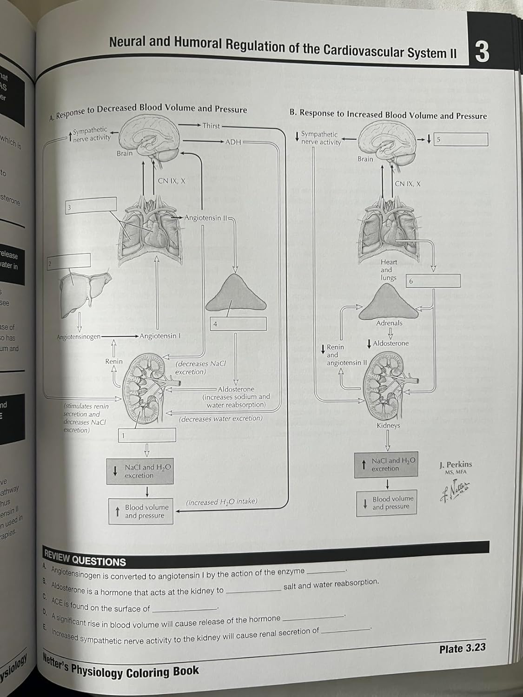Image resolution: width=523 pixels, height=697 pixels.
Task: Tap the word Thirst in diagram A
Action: [211, 125]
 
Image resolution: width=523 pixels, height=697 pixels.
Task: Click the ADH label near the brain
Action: [233, 142]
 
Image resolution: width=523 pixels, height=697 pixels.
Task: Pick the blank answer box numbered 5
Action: [461, 139]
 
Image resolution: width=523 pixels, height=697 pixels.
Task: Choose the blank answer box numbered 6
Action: [433, 281]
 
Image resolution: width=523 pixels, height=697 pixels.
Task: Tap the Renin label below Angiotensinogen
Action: [114, 361]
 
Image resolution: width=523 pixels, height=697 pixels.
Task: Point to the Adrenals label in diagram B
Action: [389, 323]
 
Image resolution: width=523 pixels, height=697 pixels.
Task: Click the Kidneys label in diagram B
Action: [388, 425]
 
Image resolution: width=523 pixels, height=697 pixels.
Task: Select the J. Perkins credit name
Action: [456, 464]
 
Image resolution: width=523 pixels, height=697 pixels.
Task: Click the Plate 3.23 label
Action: [462, 649]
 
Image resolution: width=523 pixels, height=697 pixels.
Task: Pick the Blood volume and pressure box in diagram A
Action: [141, 511]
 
